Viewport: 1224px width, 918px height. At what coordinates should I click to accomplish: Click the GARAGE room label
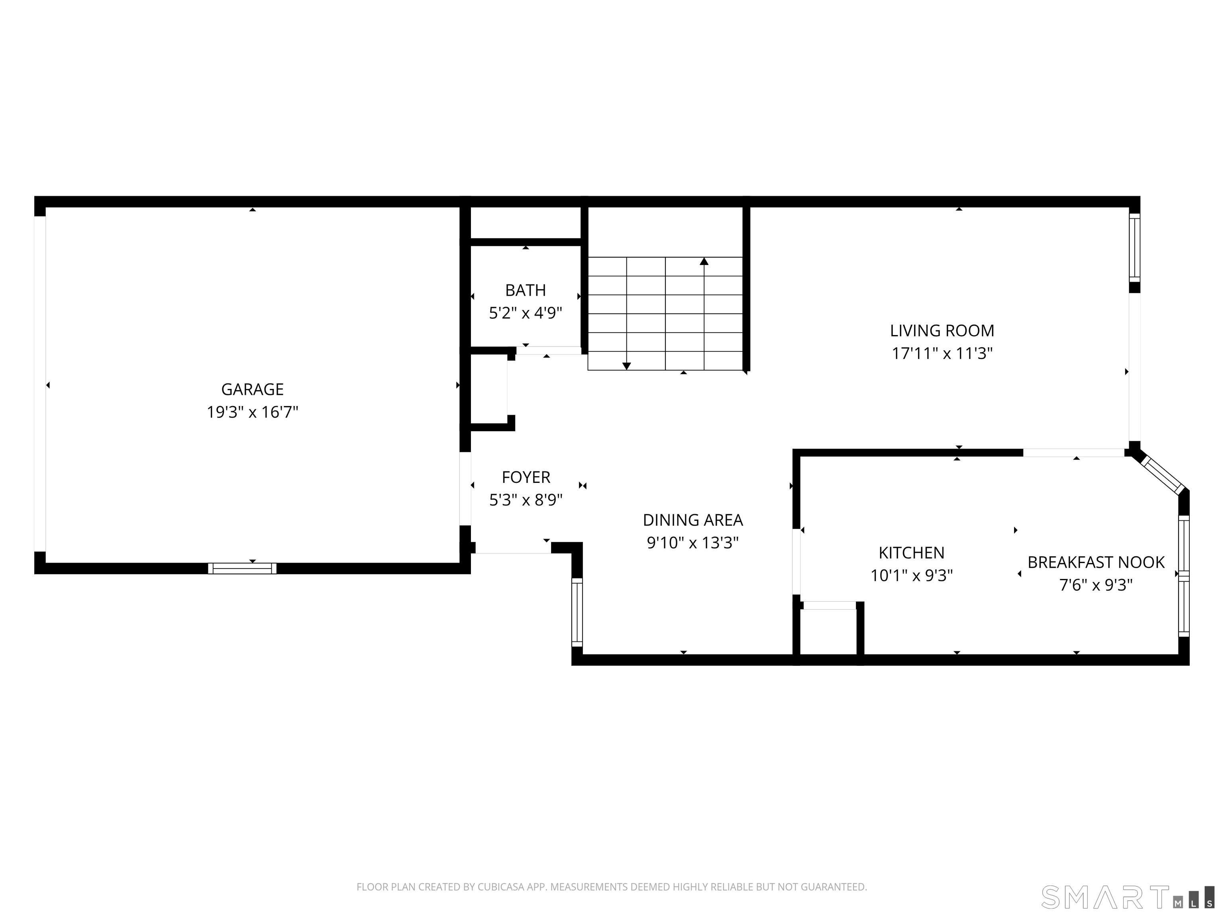(252, 390)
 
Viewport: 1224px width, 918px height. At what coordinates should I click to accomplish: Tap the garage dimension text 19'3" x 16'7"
(252, 412)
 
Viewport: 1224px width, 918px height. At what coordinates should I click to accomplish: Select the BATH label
(525, 290)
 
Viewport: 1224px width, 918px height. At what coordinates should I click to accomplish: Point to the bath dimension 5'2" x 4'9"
(525, 313)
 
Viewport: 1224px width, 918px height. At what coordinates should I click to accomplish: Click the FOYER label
(526, 477)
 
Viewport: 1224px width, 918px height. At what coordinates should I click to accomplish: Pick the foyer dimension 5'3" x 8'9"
(526, 500)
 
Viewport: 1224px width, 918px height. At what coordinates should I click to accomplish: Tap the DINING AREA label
(693, 520)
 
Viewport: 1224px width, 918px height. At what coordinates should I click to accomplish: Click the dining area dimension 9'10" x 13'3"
(693, 543)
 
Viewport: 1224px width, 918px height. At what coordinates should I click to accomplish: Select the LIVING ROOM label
(942, 331)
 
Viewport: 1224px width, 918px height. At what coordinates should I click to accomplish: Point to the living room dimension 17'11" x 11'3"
(942, 353)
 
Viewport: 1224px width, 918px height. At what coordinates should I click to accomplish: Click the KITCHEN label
(911, 553)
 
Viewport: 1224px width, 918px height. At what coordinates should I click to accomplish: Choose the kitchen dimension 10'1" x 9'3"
(911, 576)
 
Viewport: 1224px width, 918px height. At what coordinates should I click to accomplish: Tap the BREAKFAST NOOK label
(1096, 562)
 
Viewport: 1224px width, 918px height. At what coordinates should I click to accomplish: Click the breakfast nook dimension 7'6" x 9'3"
(1096, 585)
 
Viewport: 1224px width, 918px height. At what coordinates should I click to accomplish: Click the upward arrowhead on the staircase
(704, 261)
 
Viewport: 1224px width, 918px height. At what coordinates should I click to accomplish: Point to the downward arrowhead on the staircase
(626, 366)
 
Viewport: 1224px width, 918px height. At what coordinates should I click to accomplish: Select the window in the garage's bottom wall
(242, 568)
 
